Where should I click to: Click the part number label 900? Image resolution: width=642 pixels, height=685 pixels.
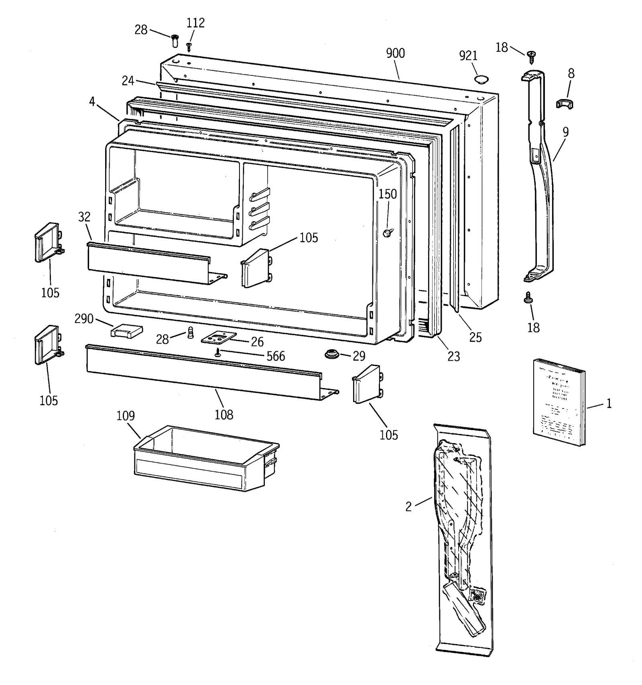coord(395,53)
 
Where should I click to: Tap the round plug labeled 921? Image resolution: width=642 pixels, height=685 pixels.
coord(481,79)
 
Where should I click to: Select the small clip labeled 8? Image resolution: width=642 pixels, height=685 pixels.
coord(565,104)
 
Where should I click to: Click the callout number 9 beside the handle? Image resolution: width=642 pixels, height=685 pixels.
coord(565,132)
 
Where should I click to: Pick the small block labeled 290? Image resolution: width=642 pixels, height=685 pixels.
coord(126,331)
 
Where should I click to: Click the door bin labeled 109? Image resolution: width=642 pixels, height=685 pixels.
coord(205,459)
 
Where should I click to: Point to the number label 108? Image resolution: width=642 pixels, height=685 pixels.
coord(223,415)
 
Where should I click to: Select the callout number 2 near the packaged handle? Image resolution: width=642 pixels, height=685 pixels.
coord(408,507)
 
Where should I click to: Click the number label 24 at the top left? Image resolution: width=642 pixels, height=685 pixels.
coord(128,81)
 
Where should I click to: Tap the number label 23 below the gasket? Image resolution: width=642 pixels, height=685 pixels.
coord(453,356)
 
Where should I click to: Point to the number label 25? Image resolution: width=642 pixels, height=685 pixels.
coord(475,337)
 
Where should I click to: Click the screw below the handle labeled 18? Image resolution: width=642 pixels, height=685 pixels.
coord(528,297)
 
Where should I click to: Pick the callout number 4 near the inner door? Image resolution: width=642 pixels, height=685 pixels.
coord(92,102)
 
